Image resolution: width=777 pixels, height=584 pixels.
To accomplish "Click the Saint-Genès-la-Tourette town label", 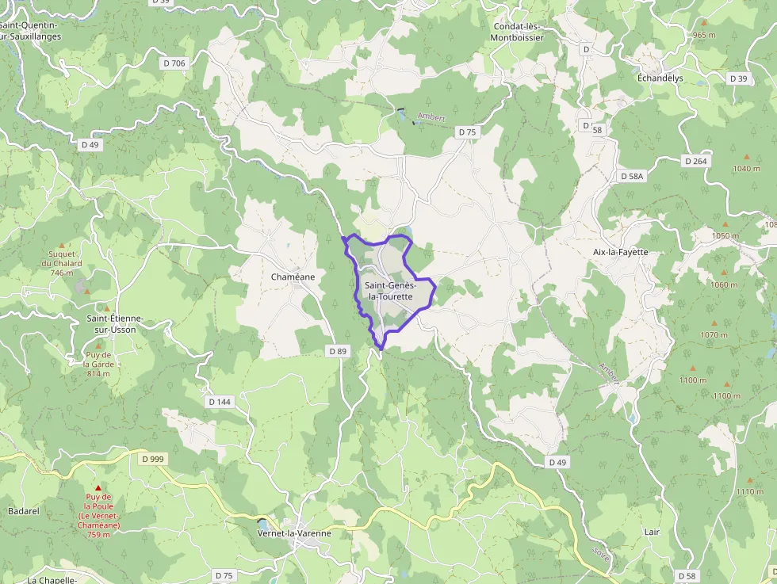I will pos(388,291).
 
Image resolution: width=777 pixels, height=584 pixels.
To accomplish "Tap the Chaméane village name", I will pos(293,277).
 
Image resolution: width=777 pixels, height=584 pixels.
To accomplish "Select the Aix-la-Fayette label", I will pos(621,252).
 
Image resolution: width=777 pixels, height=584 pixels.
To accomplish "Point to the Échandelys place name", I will pos(660,78).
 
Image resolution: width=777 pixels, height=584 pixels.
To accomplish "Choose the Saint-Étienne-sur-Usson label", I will pos(115,323).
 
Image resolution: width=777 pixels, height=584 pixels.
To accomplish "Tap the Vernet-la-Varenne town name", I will pos(295,533).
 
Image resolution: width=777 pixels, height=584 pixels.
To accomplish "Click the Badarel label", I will pos(23,511).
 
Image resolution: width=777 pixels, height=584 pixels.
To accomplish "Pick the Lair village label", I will pos(653,532).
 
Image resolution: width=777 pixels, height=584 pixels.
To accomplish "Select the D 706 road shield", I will pos(174,63).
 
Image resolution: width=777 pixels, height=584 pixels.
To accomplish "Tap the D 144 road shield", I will pos(220,402).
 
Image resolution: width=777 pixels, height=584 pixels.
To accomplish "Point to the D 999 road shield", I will pos(152,459).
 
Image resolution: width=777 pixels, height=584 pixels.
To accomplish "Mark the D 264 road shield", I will pos(695,161).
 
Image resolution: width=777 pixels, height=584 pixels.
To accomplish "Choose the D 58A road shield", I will pos(632,176).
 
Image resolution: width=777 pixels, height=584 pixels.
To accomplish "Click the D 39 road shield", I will pos(738,78).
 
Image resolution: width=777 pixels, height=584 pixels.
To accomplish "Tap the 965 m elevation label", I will pos(704,35).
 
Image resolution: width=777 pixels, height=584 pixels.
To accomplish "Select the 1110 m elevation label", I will pos(749,492).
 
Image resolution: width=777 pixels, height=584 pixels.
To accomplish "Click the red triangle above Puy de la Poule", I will pos(98,487).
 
